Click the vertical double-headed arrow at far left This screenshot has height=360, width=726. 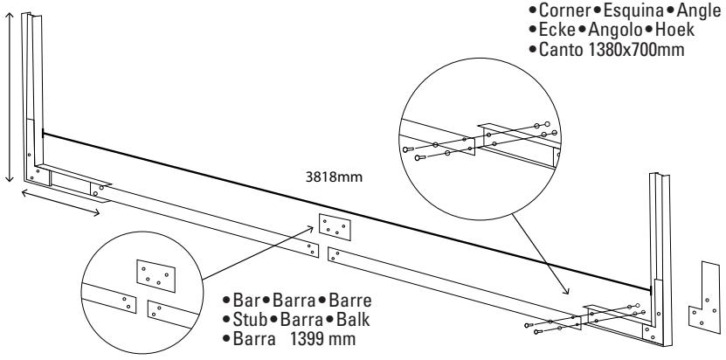coord(9,96)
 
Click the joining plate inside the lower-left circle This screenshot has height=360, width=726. coord(155,273)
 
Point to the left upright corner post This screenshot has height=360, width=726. coord(33,96)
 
